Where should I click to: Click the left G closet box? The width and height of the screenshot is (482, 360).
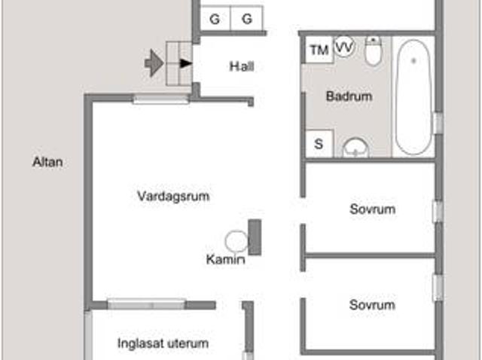(215, 20)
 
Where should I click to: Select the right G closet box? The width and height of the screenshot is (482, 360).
(247, 20)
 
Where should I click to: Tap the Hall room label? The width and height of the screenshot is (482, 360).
(242, 66)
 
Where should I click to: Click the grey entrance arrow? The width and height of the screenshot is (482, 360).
(154, 63)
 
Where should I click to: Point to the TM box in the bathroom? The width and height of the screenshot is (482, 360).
(319, 50)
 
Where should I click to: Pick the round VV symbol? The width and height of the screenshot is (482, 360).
(344, 47)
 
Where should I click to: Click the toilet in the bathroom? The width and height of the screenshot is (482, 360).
(374, 51)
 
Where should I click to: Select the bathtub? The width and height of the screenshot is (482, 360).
(413, 96)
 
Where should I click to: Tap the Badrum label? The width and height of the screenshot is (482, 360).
(349, 96)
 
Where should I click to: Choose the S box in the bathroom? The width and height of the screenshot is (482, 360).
(319, 143)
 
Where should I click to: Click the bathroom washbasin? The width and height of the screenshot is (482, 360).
(355, 148)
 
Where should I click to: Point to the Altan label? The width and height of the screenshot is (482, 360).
(47, 161)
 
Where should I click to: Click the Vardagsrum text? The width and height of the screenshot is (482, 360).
(173, 196)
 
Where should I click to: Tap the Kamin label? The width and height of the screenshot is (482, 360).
(225, 260)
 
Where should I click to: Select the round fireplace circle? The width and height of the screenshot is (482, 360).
(236, 242)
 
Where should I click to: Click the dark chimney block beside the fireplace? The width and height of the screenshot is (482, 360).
(255, 236)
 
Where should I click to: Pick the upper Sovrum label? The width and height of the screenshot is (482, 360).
(372, 209)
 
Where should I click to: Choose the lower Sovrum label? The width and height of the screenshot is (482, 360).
(372, 305)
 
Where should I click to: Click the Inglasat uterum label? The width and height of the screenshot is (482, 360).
(163, 343)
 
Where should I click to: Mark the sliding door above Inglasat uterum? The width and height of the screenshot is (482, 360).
(146, 304)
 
